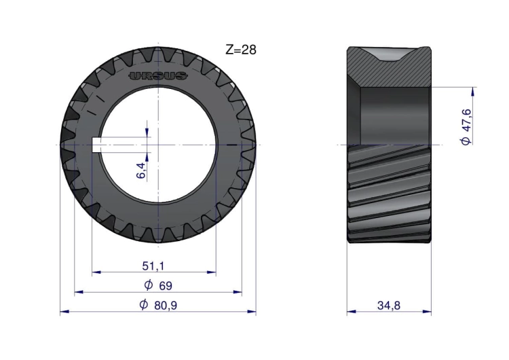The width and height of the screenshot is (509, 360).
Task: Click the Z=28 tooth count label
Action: tap(241, 50)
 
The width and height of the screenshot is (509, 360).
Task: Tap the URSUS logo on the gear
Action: tap(158, 76)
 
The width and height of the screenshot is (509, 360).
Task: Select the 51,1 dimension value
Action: tap(153, 266)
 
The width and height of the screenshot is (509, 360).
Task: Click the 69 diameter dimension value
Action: tap(165, 286)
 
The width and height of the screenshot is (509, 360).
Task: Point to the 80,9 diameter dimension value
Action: tap(166, 306)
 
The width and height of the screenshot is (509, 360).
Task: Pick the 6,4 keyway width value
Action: tap(141, 170)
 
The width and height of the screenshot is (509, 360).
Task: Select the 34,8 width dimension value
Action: tap(389, 306)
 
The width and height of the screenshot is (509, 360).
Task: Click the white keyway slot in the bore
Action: tap(96, 145)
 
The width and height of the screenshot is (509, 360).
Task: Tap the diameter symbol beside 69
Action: tap(149, 285)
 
